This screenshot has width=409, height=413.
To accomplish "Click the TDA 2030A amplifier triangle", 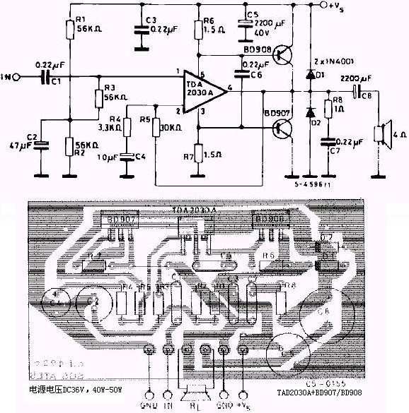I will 200,90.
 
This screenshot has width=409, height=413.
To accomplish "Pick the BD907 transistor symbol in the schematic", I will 284,127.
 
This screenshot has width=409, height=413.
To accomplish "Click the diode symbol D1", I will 309,73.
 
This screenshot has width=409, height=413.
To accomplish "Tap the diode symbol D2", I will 309,112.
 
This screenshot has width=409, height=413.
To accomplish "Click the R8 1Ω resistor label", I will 339,104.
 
